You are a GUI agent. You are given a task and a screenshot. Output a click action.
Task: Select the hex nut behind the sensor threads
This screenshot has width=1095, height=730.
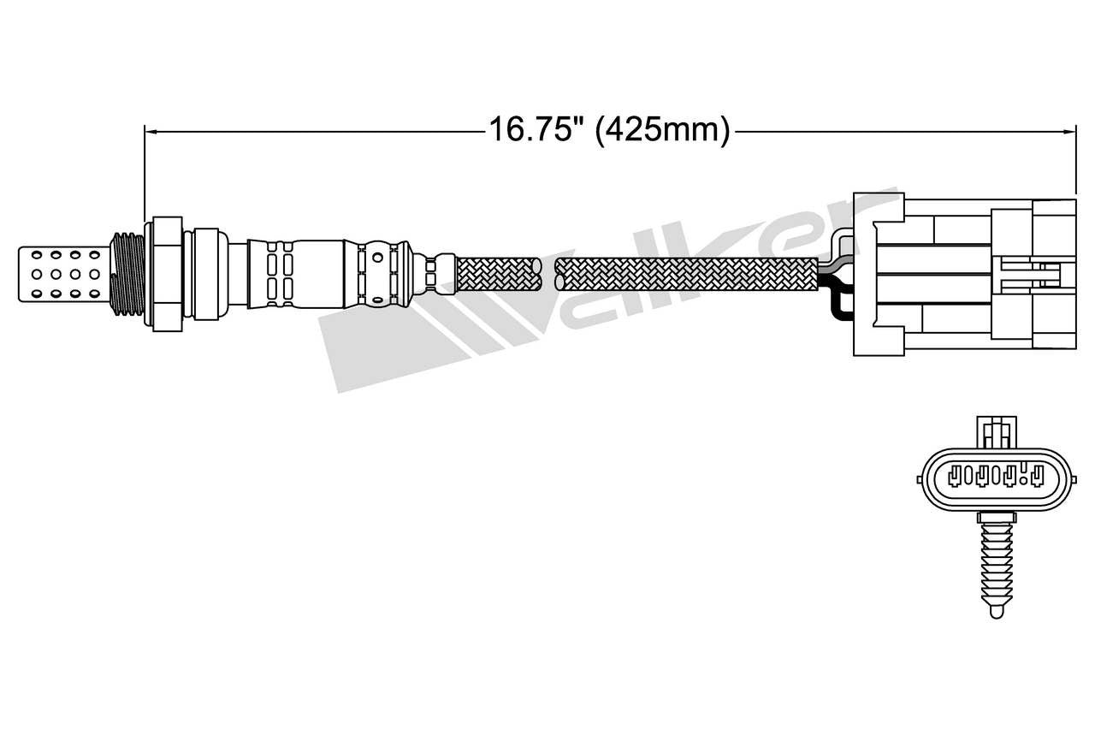pyautogui.click(x=166, y=275)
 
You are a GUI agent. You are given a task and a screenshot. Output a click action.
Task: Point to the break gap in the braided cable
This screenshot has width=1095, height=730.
pyautogui.click(x=549, y=275)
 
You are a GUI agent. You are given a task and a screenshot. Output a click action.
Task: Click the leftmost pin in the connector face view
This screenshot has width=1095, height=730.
pyautogui.click(x=959, y=474)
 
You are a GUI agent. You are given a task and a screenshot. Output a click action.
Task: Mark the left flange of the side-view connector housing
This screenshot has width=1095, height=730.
pyautogui.click(x=864, y=274)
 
